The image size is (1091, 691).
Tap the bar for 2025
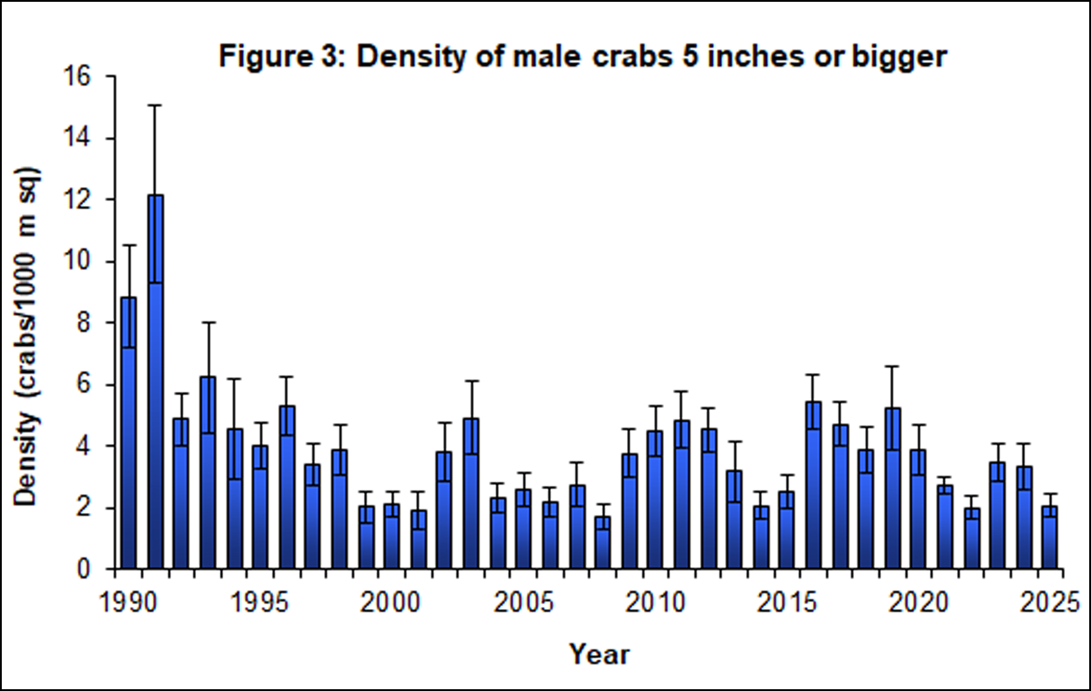pyautogui.click(x=1051, y=537)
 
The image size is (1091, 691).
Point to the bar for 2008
pyautogui.click(x=603, y=542)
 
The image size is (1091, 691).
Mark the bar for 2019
pyautogui.click(x=892, y=488)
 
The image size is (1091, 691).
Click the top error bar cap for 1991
pyautogui.click(x=155, y=105)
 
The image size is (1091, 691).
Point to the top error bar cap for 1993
pyautogui.click(x=208, y=322)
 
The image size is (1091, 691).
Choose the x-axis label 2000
pyautogui.click(x=390, y=602)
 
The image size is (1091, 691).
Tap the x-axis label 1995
pyautogui.click(x=259, y=602)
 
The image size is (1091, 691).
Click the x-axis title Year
pyautogui.click(x=599, y=654)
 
